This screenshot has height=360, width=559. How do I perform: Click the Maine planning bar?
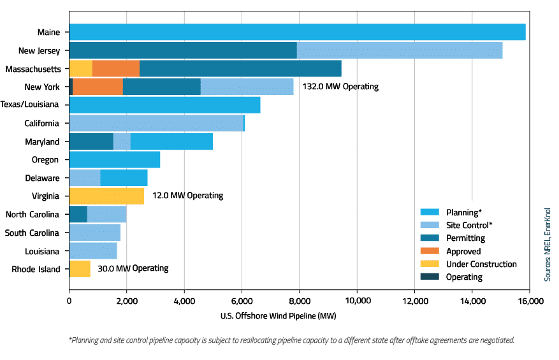(297, 32)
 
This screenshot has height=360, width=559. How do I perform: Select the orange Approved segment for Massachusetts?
(116, 69)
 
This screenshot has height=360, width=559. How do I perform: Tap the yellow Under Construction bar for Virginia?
(106, 196)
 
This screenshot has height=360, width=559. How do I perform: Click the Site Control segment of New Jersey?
(400, 50)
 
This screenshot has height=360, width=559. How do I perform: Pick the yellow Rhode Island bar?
(80, 268)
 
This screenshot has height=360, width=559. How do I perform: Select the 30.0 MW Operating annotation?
(133, 268)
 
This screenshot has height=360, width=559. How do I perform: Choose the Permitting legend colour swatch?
(430, 238)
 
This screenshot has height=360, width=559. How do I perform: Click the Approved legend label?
(463, 251)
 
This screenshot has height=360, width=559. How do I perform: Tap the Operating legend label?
(464, 277)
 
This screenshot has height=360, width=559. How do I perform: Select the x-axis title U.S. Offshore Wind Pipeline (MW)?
(279, 316)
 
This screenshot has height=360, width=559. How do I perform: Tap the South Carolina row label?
(32, 233)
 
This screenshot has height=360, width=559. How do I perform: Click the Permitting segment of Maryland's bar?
(91, 141)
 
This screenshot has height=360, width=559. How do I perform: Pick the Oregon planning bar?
(114, 160)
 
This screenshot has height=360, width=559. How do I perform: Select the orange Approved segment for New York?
(98, 87)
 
